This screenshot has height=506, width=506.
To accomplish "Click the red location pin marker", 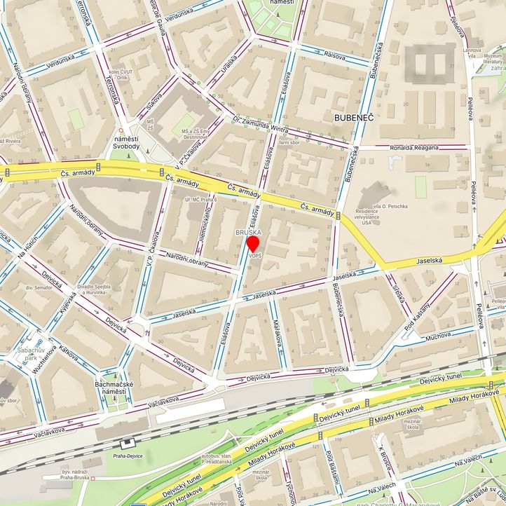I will [254, 243].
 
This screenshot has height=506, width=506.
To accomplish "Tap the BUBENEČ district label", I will [354, 117].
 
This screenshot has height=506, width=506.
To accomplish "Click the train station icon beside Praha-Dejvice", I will [127, 444].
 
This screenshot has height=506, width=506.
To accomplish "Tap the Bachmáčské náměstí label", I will [114, 388].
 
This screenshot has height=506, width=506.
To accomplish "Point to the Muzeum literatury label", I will [493, 59].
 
